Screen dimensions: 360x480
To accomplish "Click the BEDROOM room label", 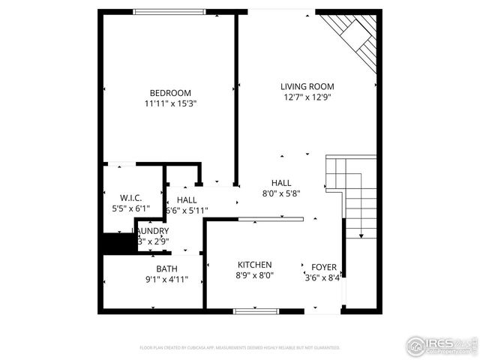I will coord(169,93).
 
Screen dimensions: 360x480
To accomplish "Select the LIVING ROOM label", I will coord(307,86).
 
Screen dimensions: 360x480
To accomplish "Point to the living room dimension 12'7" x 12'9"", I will coord(307,97).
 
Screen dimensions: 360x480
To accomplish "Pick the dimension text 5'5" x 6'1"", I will coord(130,208).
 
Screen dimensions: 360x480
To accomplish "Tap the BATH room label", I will coord(166,268).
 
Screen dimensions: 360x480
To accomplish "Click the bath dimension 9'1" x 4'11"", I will coord(166,279).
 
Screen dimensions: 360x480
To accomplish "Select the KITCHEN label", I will coord(254,265).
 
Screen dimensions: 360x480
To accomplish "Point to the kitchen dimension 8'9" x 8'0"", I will coord(254,275).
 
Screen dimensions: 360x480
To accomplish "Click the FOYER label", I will coord(324,266).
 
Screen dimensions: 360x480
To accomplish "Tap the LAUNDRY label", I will coord(154,231).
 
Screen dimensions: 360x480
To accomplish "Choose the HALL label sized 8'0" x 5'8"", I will coord(281,183).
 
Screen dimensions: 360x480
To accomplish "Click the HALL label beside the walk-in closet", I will coord(187,200).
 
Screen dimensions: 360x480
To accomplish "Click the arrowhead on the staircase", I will coord(361,236).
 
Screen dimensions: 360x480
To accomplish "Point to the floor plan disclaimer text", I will coord(240,348).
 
